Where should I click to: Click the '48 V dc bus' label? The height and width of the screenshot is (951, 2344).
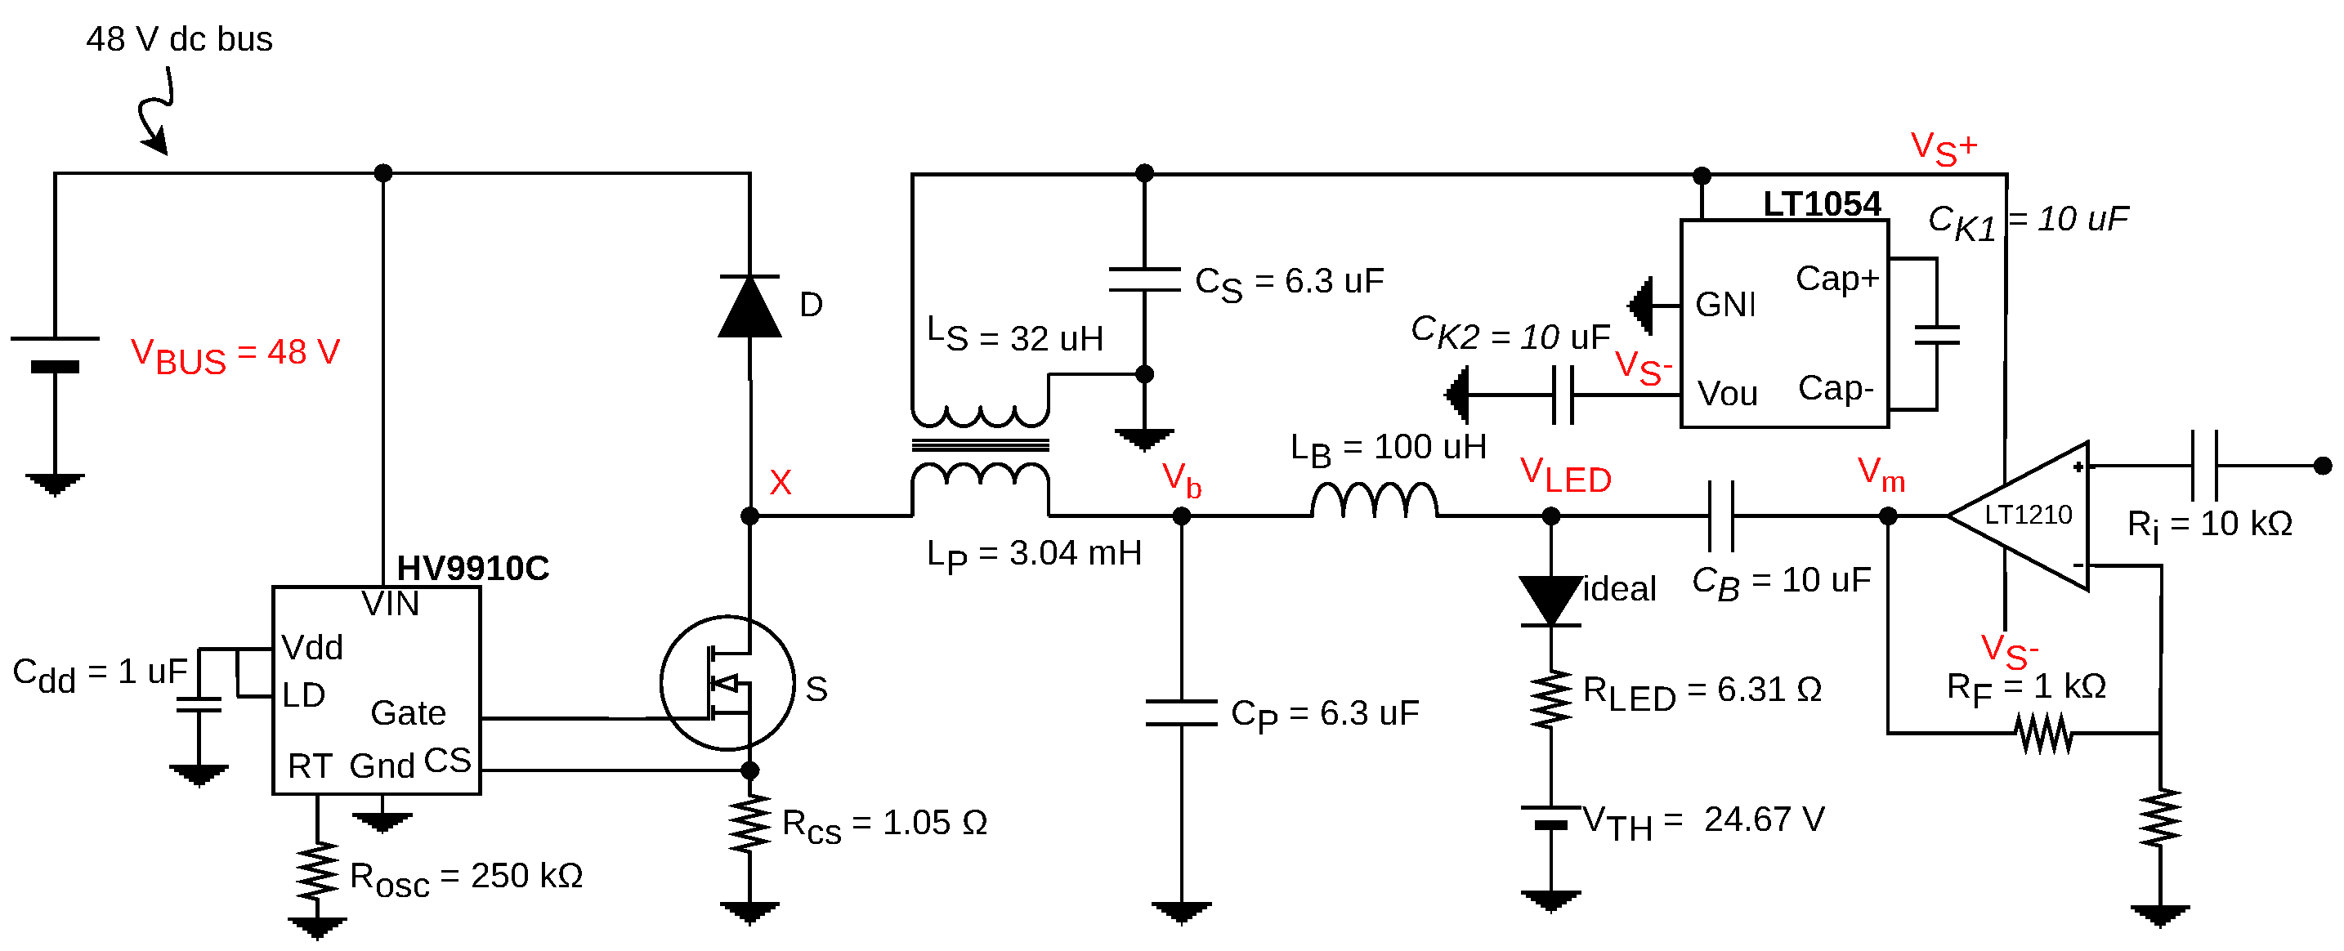(x=179, y=39)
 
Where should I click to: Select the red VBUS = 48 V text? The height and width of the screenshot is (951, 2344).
(x=235, y=354)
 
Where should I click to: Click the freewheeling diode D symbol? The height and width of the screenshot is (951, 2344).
(x=749, y=306)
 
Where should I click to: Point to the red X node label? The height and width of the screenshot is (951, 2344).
(x=780, y=482)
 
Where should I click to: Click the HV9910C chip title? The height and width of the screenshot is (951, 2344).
(x=472, y=568)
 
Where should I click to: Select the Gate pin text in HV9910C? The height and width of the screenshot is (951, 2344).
(x=408, y=712)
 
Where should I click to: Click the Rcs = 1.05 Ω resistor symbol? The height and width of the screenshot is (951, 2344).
(x=749, y=824)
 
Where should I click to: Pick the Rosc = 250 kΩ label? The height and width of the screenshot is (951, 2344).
(x=465, y=877)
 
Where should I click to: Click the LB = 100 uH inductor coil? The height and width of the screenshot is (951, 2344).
(x=1374, y=501)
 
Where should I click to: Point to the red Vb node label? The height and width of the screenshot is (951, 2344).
(x=1181, y=479)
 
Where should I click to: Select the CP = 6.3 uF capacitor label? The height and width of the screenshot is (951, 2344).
(x=1324, y=714)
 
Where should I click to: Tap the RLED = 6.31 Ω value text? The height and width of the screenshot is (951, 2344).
(x=1702, y=692)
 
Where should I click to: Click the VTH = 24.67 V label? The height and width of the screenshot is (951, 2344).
(x=1702, y=821)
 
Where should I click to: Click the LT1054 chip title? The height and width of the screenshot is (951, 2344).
(x=1822, y=204)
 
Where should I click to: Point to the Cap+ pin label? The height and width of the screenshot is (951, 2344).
(x=1836, y=279)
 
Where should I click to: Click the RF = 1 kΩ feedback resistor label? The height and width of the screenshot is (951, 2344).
(x=2025, y=688)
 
